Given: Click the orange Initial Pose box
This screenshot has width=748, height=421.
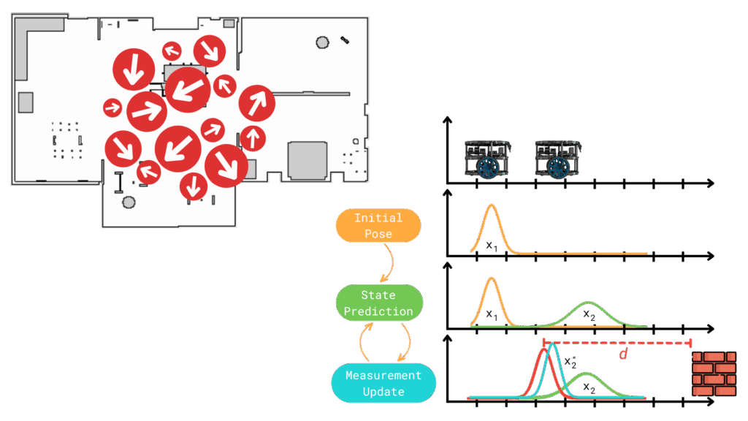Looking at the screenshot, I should click(378, 225).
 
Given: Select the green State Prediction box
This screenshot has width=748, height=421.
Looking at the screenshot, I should click(378, 303).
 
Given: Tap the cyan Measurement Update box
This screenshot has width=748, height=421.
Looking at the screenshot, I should click(383, 383).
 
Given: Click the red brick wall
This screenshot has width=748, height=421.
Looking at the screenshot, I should click(714, 373).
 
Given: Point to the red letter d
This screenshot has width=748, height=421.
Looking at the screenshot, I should click(623, 354).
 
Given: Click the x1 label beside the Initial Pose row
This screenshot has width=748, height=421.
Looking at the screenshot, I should click(492, 246).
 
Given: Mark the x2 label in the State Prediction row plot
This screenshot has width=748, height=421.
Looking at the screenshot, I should click(589, 314).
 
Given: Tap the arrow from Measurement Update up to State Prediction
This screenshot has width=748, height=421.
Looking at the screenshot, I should click(362, 342).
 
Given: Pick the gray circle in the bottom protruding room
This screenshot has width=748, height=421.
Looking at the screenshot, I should click(129, 202).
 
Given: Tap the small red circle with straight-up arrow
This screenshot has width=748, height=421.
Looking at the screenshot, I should click(253, 137).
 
